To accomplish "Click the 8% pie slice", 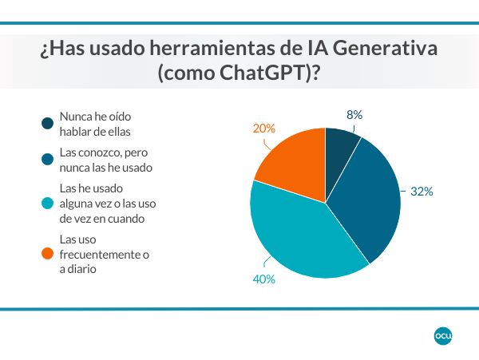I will point(341,148).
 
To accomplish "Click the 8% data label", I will point(354,115).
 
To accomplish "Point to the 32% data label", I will point(421,192).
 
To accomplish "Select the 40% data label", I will point(263,279).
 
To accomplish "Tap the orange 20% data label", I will point(264,128).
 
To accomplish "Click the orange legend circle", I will point(48,254).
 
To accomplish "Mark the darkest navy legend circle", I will point(48,124).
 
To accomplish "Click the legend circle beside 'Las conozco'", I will point(48,160).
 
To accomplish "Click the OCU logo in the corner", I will point(443,336).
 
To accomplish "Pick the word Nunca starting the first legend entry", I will point(76,117).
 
